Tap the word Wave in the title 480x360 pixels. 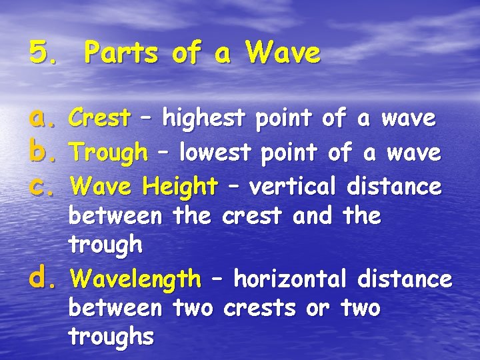click(283, 53)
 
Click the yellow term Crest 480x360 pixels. click(99, 119)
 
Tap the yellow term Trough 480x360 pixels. click(109, 154)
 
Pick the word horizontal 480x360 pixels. click(291, 278)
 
